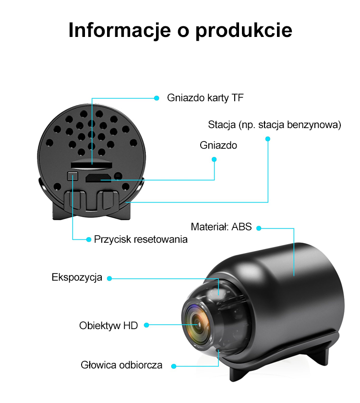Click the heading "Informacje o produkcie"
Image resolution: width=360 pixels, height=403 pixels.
(x=180, y=31)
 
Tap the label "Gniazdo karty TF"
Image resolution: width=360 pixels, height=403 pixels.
(x=205, y=98)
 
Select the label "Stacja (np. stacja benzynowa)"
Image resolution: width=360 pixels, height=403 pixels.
(x=275, y=125)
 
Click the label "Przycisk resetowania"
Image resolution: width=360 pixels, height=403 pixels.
(x=141, y=239)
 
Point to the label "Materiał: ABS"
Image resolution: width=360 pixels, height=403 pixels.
(x=221, y=226)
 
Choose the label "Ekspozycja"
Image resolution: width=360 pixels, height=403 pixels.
(x=77, y=278)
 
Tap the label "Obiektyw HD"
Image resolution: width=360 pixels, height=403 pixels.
(x=108, y=326)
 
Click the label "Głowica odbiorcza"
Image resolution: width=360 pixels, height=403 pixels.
(x=121, y=365)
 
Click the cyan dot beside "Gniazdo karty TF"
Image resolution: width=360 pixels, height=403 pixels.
(x=156, y=98)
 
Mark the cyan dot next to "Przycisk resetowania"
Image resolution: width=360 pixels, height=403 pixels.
(x=89, y=239)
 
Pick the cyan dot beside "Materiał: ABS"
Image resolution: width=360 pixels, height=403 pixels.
(x=259, y=228)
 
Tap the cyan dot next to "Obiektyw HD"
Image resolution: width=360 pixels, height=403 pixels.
(x=146, y=325)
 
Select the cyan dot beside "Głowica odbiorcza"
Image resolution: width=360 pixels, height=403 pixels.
(x=174, y=366)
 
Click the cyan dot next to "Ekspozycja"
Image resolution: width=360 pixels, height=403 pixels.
(x=109, y=278)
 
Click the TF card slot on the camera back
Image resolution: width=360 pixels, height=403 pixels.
(x=92, y=165)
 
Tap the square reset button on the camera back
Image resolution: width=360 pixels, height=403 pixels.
(x=72, y=176)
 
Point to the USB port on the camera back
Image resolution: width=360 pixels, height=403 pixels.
(x=98, y=178)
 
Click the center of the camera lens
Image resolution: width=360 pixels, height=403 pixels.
(x=197, y=325)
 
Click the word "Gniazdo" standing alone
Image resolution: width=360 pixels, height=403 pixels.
(x=218, y=145)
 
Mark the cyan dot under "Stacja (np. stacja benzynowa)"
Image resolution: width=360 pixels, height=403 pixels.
(x=268, y=139)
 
